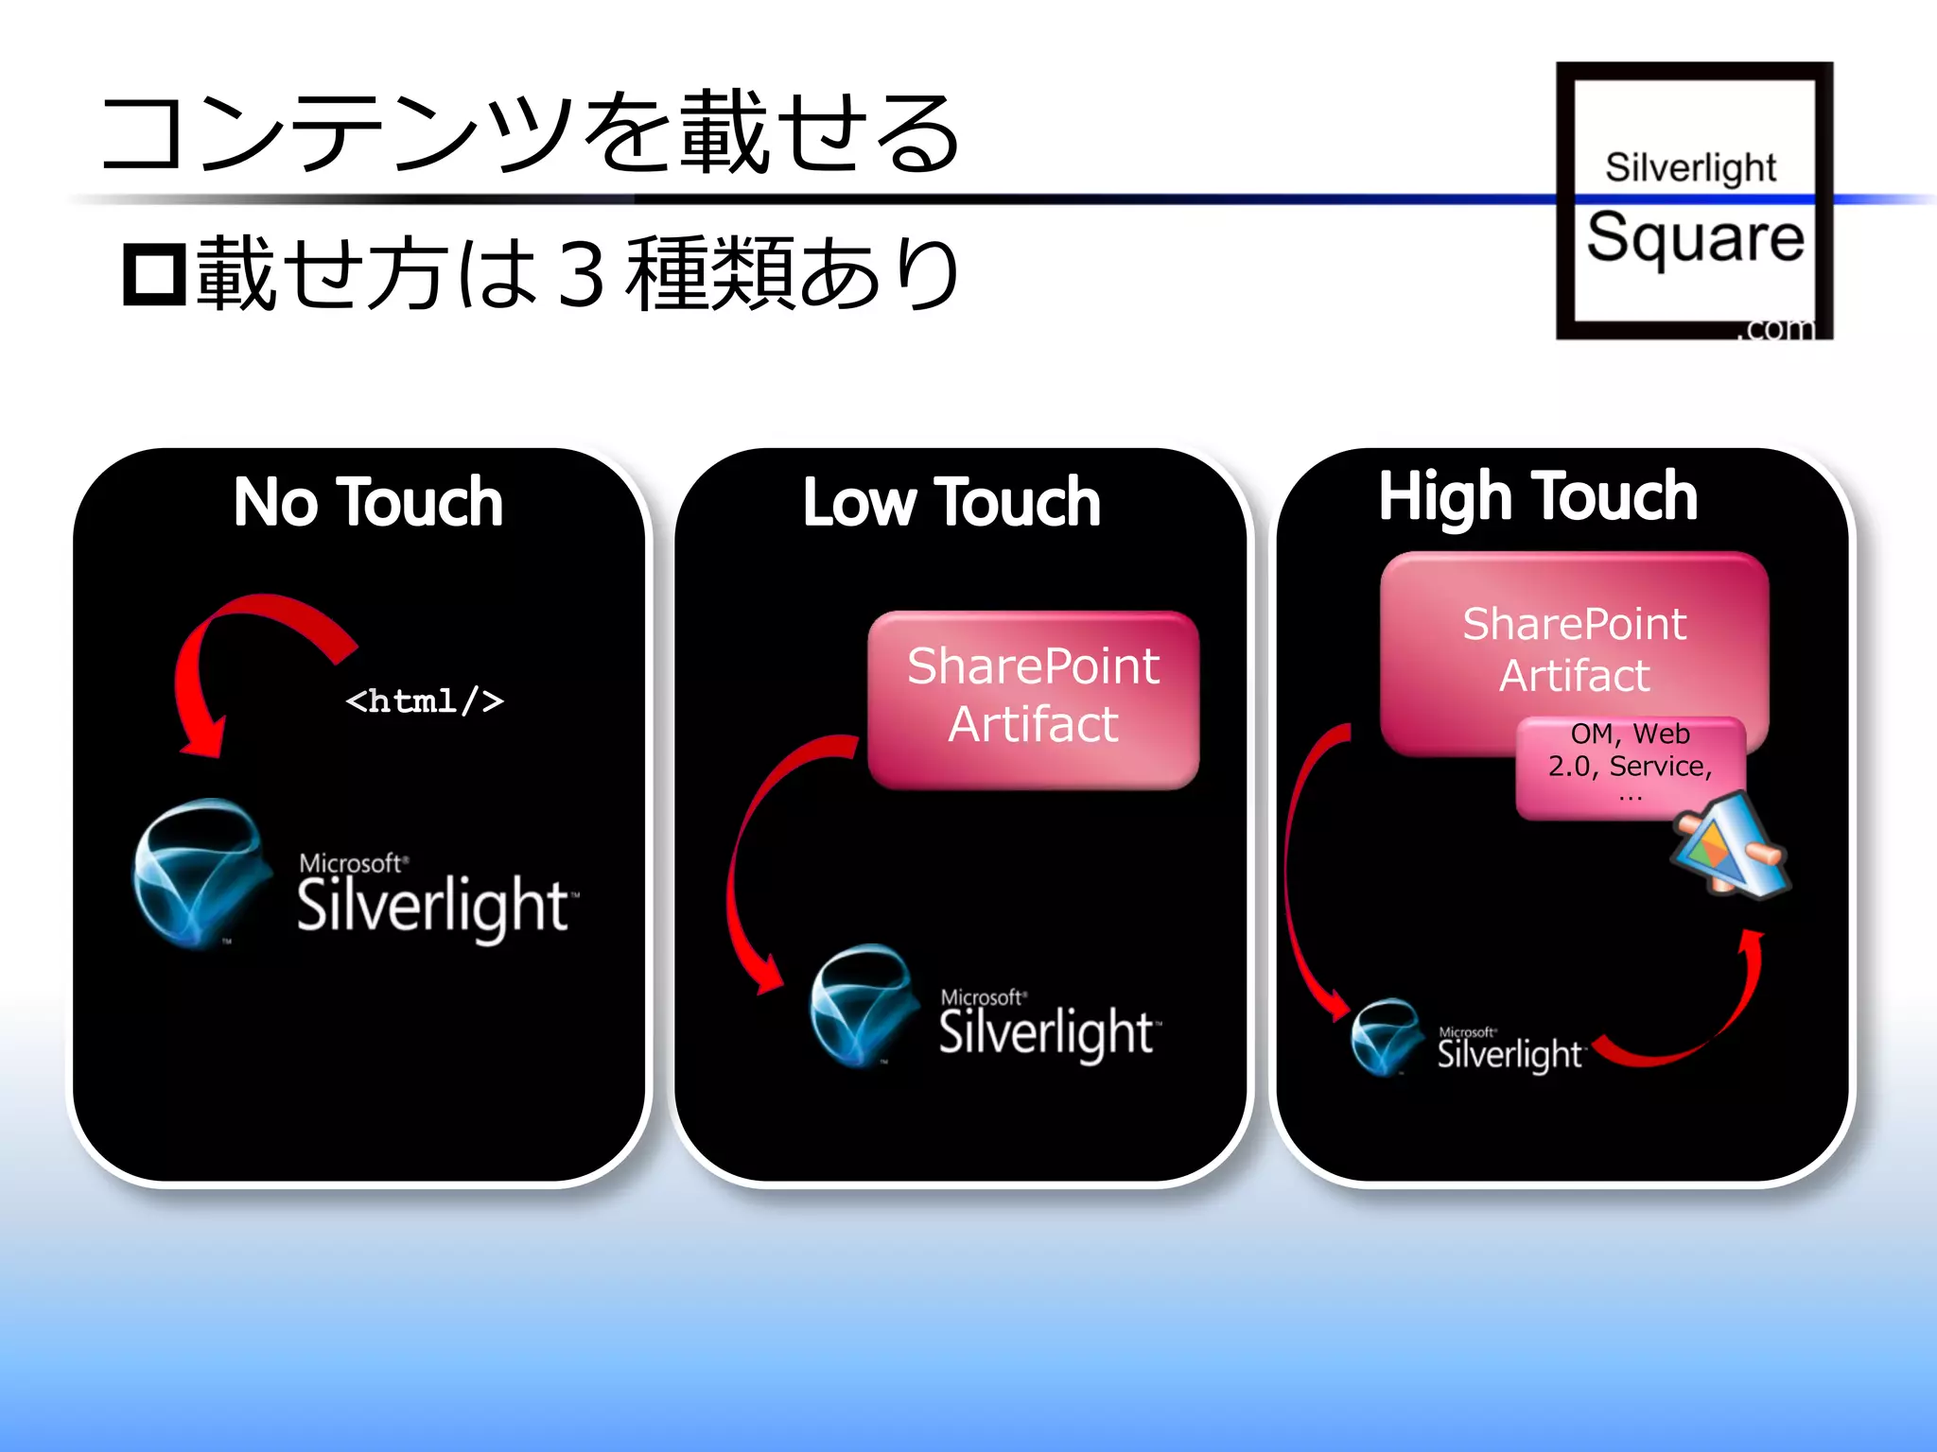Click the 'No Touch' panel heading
[368, 502]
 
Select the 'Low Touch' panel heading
[951, 502]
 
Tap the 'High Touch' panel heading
[1538, 497]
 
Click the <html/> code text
[425, 701]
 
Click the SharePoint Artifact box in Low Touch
[1033, 700]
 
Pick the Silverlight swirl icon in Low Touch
[863, 1006]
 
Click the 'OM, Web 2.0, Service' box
[1629, 766]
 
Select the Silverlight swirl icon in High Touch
[1385, 1038]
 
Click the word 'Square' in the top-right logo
[1695, 238]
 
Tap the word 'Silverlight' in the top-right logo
[1691, 168]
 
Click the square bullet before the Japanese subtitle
[154, 275]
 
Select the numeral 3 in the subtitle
[582, 275]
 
